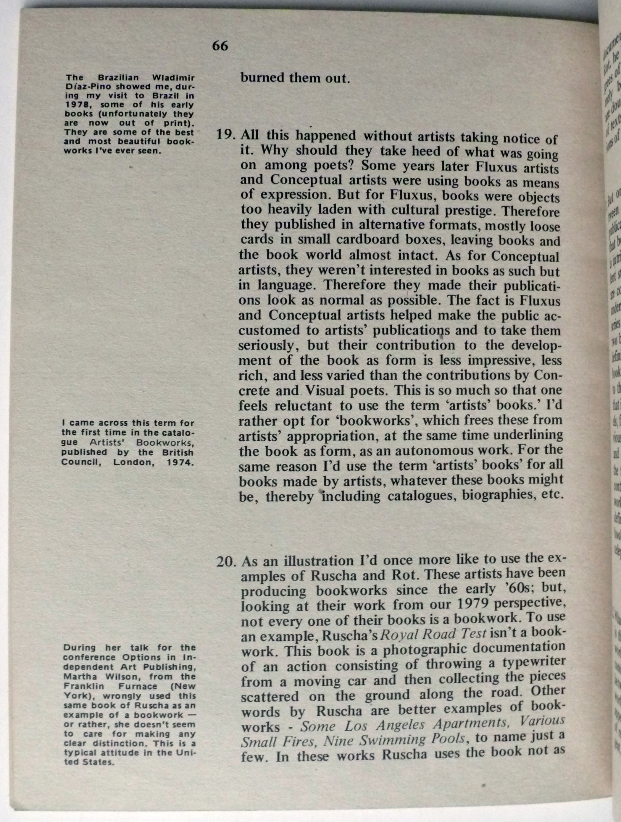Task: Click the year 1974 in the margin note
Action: point(180,463)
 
